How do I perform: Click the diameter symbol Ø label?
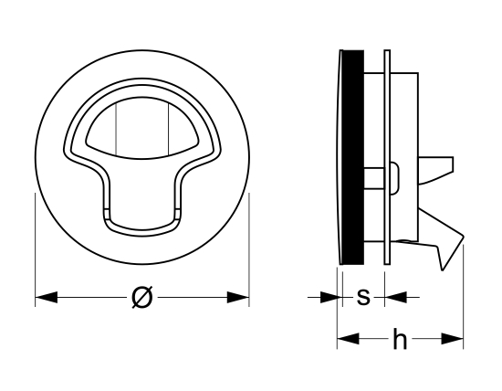click(141, 298)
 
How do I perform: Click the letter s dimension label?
click(363, 297)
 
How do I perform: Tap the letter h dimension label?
click(400, 338)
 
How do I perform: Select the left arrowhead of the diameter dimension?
click(47, 298)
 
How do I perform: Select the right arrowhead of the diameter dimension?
click(238, 298)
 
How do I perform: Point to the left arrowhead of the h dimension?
click(349, 338)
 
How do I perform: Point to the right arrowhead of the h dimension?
click(452, 338)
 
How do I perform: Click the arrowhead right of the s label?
click(396, 298)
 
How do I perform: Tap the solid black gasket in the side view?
click(353, 157)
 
